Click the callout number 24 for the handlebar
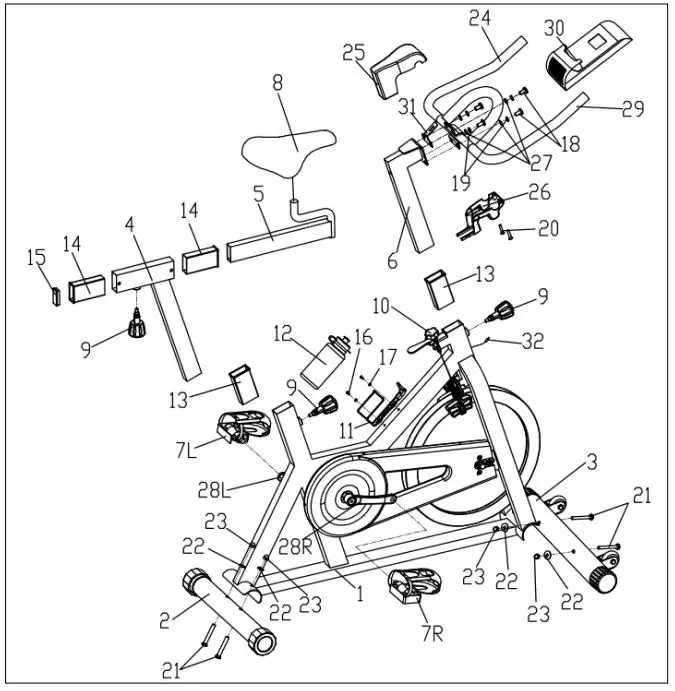481,20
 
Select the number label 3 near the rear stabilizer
593,462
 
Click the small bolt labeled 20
508,229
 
